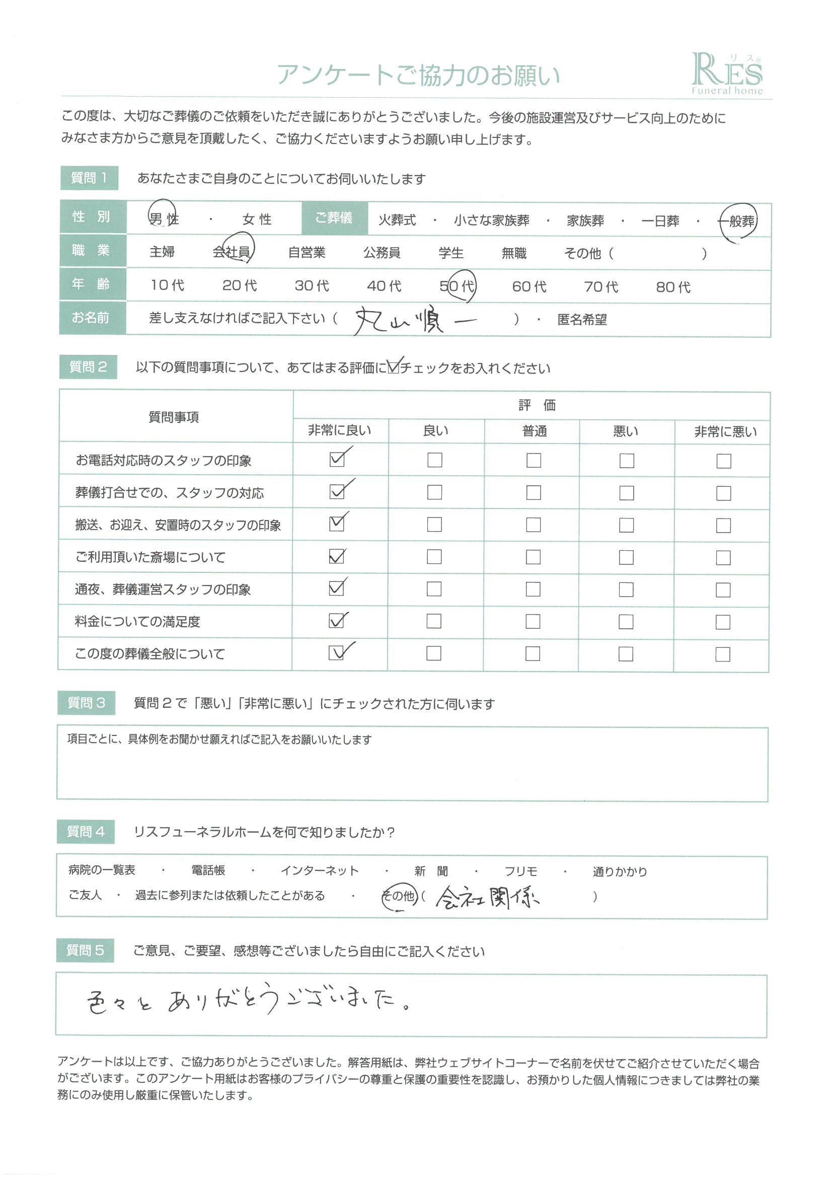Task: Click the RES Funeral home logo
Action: pyautogui.click(x=726, y=75)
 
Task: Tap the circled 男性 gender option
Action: pyautogui.click(x=164, y=219)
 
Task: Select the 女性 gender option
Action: pyautogui.click(x=257, y=219)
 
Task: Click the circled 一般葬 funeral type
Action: pyautogui.click(x=738, y=222)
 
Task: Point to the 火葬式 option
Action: pyautogui.click(x=397, y=220)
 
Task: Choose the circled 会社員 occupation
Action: pyautogui.click(x=232, y=252)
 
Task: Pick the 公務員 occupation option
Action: pyautogui.click(x=382, y=253)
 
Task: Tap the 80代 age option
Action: pyautogui.click(x=673, y=287)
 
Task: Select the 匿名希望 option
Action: pyautogui.click(x=582, y=320)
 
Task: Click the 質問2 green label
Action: pyautogui.click(x=88, y=367)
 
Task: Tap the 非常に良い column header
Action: pyautogui.click(x=339, y=430)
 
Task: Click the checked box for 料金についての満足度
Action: pyautogui.click(x=337, y=621)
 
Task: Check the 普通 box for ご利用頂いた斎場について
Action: pyautogui.click(x=533, y=557)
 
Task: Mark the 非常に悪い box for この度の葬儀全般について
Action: pyautogui.click(x=723, y=654)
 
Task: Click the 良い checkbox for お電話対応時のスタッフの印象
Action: pyautogui.click(x=435, y=460)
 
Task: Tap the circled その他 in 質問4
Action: pyautogui.click(x=400, y=896)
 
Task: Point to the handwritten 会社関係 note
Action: pyautogui.click(x=487, y=897)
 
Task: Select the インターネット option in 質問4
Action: pyautogui.click(x=320, y=870)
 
